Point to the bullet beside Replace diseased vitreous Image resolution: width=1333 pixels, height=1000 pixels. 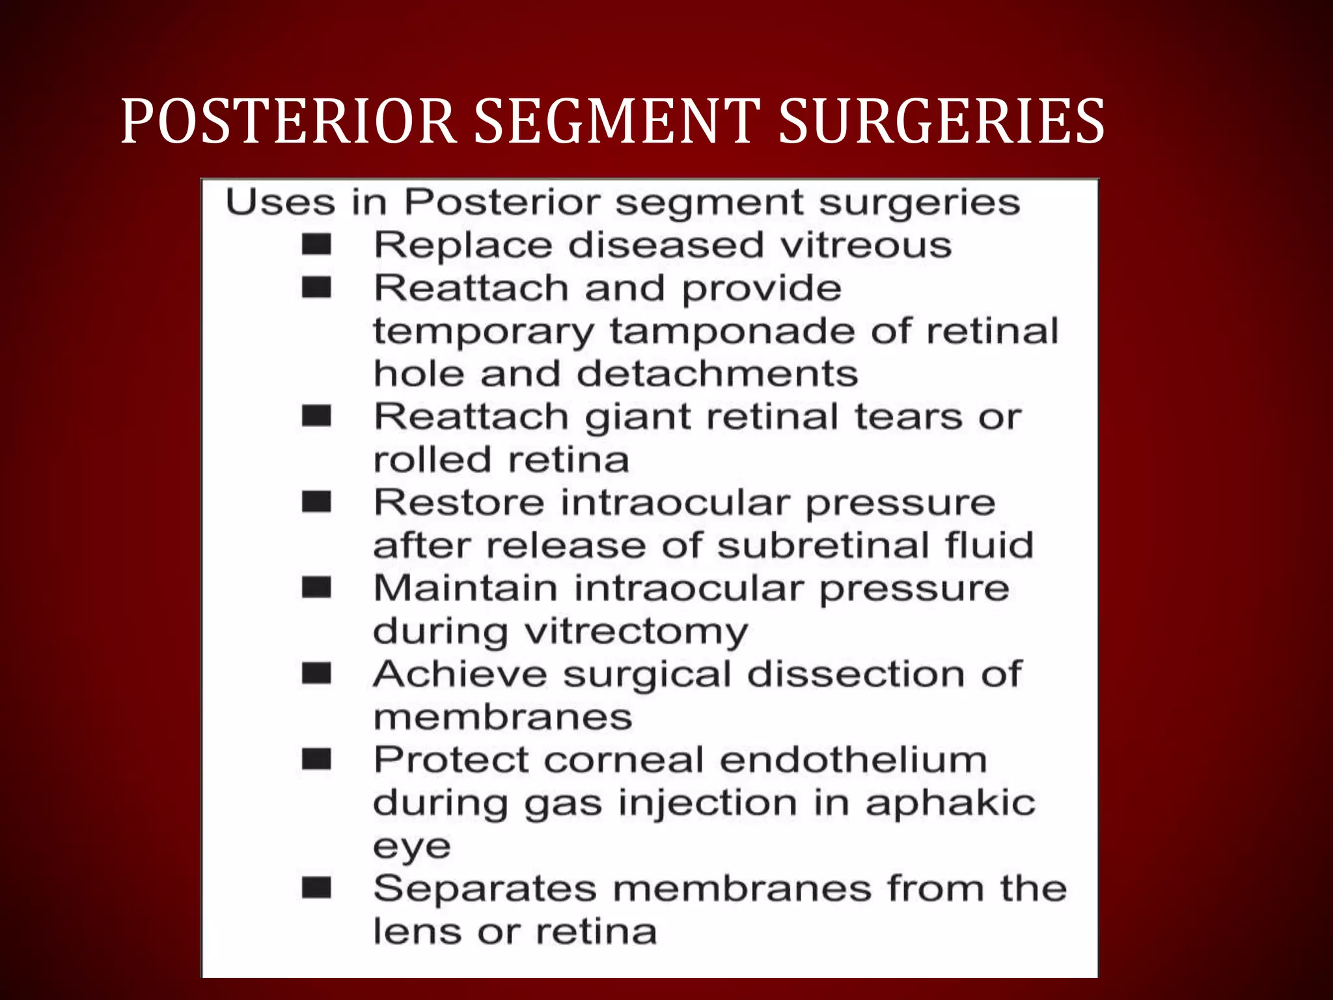pos(317,245)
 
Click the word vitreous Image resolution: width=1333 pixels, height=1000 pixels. pos(866,245)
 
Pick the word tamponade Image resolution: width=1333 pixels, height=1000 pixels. pos(732,331)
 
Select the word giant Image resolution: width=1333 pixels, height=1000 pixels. pos(637,417)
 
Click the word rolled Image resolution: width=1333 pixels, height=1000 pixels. pos(432,460)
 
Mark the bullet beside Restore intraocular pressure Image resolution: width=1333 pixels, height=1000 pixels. pos(317,503)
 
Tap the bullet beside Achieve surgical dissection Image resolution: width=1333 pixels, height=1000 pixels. pos(317,674)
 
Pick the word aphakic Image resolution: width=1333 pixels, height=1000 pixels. pos(950,803)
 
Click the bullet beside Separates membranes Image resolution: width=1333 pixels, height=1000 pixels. pos(317,888)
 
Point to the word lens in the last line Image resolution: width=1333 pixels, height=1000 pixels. pos(417,932)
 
